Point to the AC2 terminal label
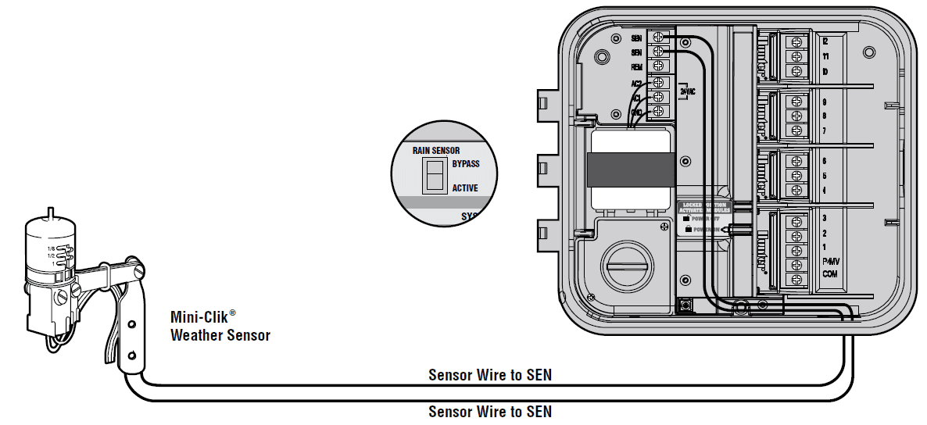pyautogui.click(x=637, y=83)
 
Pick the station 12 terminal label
pyautogui.click(x=825, y=41)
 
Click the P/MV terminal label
pyautogui.click(x=829, y=262)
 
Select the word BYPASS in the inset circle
pyautogui.click(x=465, y=164)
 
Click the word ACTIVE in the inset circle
pyautogui.click(x=465, y=188)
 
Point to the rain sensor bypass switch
pyautogui.click(x=434, y=176)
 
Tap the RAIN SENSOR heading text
pyautogui.click(x=435, y=150)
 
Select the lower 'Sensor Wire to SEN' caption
pyautogui.click(x=489, y=411)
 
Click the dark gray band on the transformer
pyautogui.click(x=632, y=168)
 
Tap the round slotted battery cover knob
pyautogui.click(x=627, y=268)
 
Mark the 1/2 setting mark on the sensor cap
pyautogui.click(x=51, y=256)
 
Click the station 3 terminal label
pyautogui.click(x=825, y=218)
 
